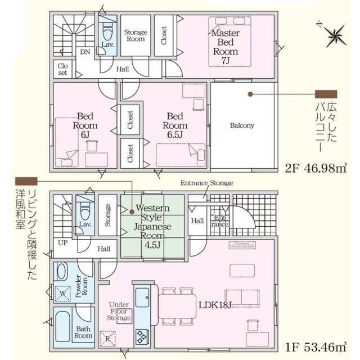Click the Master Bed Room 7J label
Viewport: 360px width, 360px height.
pos(226,47)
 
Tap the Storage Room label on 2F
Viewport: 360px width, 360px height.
pos(136,35)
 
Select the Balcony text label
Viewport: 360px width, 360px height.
pos(242,125)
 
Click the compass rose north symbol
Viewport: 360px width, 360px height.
pos(335,35)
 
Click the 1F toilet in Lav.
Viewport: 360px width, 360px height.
pos(85,212)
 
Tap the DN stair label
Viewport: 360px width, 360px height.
pos(85,52)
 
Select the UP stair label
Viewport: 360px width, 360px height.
pos(62,243)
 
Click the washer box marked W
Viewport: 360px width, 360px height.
pos(62,294)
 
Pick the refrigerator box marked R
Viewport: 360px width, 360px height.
pos(107,339)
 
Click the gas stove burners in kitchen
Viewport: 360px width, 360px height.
pos(142,337)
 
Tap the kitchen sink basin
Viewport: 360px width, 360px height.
pos(142,298)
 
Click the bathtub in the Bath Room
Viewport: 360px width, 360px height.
pos(62,326)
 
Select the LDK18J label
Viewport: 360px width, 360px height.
pos(215,305)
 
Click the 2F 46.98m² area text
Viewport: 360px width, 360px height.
pos(316,169)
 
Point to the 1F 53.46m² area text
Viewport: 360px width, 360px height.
pos(316,347)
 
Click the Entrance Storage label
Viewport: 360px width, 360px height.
pos(206,183)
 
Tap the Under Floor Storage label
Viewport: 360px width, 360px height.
pos(119,311)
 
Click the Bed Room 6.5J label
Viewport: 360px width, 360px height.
pos(175,125)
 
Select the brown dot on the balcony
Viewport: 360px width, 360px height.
pos(250,94)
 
